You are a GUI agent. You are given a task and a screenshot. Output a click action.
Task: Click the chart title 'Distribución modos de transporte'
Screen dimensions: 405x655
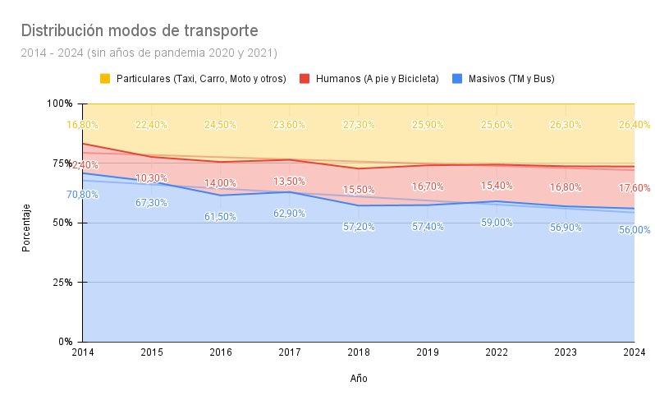click(x=140, y=31)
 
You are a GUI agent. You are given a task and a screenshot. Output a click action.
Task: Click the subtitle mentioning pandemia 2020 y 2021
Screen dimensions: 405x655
click(x=149, y=53)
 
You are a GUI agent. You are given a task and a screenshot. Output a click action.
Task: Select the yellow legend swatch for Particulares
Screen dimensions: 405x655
click(x=105, y=79)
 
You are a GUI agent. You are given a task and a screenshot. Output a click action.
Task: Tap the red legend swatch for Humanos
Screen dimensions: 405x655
click(x=304, y=79)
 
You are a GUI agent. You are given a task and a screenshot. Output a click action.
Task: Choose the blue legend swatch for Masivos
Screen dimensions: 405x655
click(x=458, y=79)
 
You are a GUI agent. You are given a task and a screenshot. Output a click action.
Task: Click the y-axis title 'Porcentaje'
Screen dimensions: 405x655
click(x=26, y=227)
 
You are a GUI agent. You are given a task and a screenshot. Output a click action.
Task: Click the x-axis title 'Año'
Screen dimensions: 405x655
click(x=359, y=379)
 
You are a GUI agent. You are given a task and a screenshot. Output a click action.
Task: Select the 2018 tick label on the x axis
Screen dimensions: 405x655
click(x=359, y=352)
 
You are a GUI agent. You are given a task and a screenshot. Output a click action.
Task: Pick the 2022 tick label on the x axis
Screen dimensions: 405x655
click(x=497, y=352)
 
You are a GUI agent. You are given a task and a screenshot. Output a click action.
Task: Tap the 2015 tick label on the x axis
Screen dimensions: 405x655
click(x=152, y=352)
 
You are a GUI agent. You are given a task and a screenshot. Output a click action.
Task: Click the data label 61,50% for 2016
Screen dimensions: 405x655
click(x=221, y=217)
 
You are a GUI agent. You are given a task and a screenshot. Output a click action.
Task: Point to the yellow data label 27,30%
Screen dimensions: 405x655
click(x=359, y=125)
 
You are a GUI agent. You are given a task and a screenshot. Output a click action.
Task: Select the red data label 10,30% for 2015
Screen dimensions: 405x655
click(x=152, y=178)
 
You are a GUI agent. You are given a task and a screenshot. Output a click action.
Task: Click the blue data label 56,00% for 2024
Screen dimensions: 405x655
click(x=634, y=230)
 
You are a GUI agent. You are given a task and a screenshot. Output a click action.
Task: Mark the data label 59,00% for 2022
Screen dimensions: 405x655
click(x=497, y=223)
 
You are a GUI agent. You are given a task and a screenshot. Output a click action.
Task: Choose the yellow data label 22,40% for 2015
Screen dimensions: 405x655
click(x=152, y=125)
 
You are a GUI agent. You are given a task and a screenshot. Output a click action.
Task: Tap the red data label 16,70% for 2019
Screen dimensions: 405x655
click(x=428, y=187)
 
